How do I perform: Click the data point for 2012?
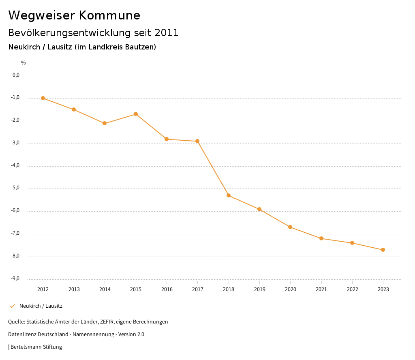[x=43, y=98]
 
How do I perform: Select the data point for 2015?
[x=136, y=114]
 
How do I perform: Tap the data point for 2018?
[x=229, y=195]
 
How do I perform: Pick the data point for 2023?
[x=383, y=250]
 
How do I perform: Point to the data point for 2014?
[x=105, y=123]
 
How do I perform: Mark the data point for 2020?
[x=290, y=227]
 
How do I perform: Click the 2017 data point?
[x=197, y=141]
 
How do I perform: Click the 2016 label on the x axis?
[x=167, y=289]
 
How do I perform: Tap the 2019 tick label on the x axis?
[x=259, y=289]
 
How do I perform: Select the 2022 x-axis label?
[x=352, y=289]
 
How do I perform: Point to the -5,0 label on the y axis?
[x=16, y=188]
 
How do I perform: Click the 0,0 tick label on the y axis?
[x=16, y=75]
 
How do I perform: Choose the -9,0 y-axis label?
[x=16, y=279]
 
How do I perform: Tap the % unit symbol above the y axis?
[x=24, y=63]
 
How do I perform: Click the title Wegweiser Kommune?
[x=74, y=15]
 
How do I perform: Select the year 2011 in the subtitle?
[x=167, y=33]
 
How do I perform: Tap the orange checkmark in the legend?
[x=12, y=306]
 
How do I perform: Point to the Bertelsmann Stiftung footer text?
[x=36, y=347]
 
